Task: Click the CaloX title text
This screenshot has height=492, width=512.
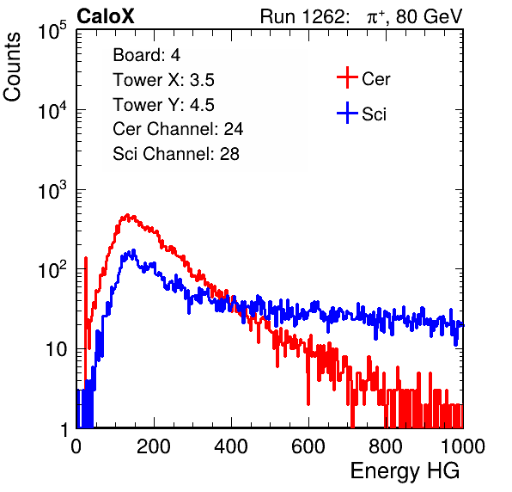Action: point(105,16)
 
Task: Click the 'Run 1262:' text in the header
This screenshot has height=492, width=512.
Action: point(302,16)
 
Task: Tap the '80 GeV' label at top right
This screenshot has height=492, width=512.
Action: point(429,16)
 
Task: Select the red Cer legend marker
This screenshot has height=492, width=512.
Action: point(347,77)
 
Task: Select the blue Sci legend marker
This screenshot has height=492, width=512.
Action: point(347,114)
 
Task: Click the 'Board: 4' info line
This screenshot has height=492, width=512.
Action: point(146,55)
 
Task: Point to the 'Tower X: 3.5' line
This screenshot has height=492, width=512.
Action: point(163,80)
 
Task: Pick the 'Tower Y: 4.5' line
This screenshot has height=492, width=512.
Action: point(163,105)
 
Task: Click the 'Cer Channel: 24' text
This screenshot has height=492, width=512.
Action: point(178,129)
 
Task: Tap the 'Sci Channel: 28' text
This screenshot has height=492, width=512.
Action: point(176,154)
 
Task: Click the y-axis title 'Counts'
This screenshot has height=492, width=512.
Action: point(12,67)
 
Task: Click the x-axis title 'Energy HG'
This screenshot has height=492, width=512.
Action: point(405,470)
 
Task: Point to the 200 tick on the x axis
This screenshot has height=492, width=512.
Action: point(154,446)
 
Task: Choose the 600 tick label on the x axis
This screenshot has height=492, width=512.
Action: point(308,446)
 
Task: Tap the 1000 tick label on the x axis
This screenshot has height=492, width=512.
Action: point(463,446)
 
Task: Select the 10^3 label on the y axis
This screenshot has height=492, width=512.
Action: point(52,190)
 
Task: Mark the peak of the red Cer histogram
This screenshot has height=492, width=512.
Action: point(128,215)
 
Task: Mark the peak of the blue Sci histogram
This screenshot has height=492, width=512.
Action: point(133,250)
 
